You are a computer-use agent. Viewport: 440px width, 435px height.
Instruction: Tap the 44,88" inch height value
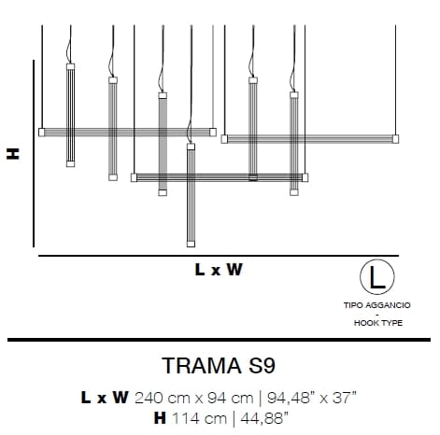[261, 416]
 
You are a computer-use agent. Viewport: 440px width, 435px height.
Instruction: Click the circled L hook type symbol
[376, 277]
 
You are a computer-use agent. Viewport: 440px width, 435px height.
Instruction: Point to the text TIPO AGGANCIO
[376, 304]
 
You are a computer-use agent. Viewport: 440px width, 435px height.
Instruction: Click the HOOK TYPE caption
[376, 323]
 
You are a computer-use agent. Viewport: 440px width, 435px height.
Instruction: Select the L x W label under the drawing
[219, 271]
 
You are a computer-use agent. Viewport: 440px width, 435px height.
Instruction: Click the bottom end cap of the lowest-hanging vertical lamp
[191, 244]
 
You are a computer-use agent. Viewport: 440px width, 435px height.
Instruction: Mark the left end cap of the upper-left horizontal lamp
[41, 132]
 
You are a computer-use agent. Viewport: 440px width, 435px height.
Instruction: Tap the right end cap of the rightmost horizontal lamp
[395, 139]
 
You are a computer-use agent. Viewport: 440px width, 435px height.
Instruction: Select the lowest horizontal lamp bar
[219, 176]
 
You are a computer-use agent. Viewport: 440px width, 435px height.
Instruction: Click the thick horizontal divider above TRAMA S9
[220, 340]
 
